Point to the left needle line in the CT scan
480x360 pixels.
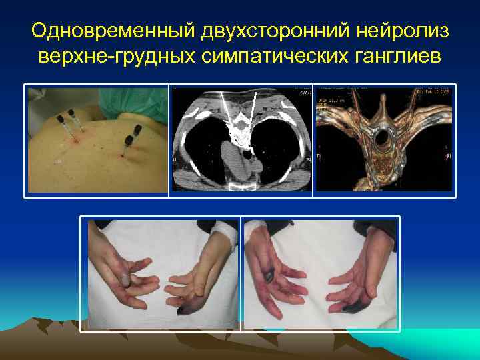pyautogui.click(x=227, y=110)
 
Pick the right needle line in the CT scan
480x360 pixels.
pyautogui.click(x=253, y=110)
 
